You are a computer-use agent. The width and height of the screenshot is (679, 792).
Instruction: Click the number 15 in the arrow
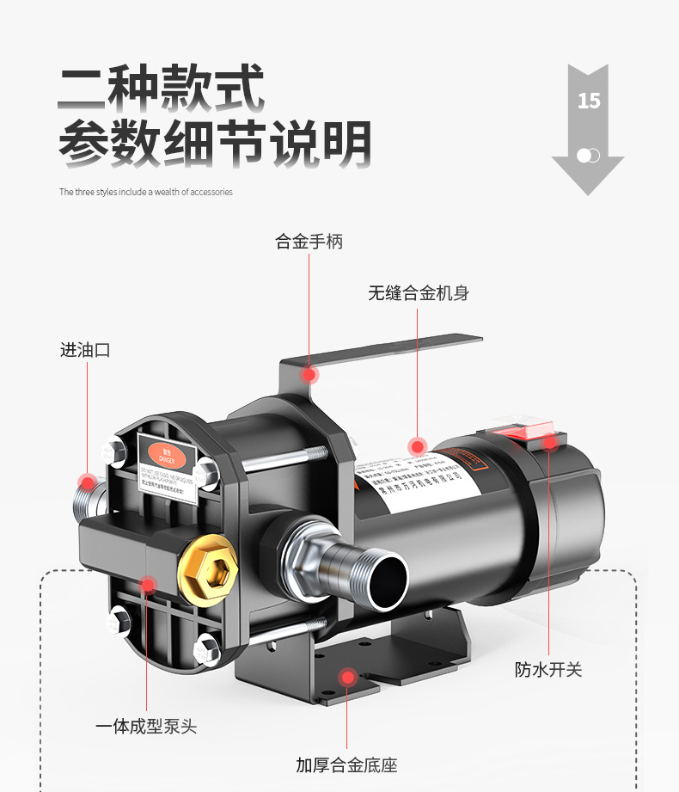tap(589, 101)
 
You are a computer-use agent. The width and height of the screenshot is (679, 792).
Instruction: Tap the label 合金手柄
tap(309, 242)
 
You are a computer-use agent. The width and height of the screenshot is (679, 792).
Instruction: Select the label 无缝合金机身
tap(419, 293)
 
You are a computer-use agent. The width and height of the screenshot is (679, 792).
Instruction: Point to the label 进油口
tap(85, 350)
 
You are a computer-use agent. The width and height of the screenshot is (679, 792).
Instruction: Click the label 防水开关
tap(548, 669)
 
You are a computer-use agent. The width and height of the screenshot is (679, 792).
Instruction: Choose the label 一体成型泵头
tap(145, 727)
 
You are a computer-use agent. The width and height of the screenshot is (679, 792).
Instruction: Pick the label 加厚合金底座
tap(346, 764)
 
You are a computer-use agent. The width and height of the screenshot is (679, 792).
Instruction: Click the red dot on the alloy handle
tap(309, 374)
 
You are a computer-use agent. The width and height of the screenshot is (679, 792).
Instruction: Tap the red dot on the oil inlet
tap(86, 481)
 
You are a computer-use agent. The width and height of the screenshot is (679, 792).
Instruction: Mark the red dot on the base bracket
tap(347, 678)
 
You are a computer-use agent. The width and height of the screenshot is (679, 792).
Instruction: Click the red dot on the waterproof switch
tap(549, 442)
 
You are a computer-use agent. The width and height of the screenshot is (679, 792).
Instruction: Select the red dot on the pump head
tap(147, 586)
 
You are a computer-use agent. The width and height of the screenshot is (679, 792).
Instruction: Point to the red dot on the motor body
tap(418, 445)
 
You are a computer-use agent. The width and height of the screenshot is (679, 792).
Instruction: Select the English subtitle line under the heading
tap(145, 192)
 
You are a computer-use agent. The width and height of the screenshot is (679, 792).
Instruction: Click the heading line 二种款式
tap(162, 89)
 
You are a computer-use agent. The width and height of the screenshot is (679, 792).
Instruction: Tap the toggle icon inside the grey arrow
tap(589, 156)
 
